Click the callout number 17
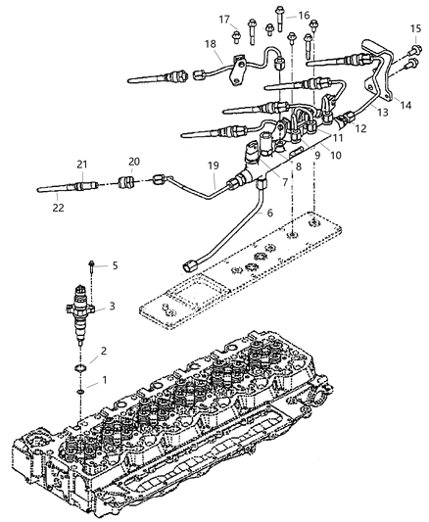(x=223, y=19)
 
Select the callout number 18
(x=210, y=44)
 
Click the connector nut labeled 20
(x=125, y=182)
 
